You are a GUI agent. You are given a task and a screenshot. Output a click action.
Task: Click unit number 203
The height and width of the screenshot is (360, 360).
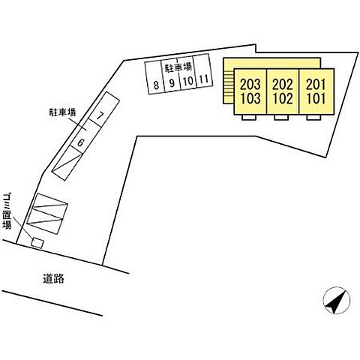[x=250, y=85]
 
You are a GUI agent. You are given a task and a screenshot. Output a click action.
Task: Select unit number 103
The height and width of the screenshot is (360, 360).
[x=250, y=98]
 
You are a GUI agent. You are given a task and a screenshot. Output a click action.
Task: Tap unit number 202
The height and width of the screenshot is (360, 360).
[x=283, y=85]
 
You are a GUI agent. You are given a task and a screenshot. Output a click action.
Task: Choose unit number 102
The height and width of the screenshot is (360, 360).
[x=283, y=98]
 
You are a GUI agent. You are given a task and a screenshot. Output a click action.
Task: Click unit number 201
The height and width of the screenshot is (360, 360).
[x=316, y=85]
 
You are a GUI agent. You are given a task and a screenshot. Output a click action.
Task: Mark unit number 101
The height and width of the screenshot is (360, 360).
[x=316, y=98]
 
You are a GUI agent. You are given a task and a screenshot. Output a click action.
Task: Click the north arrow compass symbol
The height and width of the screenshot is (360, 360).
[x=337, y=300]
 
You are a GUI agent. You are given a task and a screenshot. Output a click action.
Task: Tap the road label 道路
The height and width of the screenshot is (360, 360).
[x=53, y=278]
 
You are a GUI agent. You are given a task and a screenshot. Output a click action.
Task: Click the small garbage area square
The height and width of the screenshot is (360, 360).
[x=37, y=243]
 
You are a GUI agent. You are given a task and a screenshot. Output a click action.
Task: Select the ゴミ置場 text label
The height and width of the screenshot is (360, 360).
[x=7, y=211]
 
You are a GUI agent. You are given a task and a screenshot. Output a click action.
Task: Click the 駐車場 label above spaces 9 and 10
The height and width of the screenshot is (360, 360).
[x=178, y=67]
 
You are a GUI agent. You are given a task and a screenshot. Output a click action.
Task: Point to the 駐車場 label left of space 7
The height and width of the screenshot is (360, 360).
[x=62, y=112]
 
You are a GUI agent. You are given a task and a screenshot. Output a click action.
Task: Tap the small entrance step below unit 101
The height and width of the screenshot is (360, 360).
[x=313, y=118]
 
